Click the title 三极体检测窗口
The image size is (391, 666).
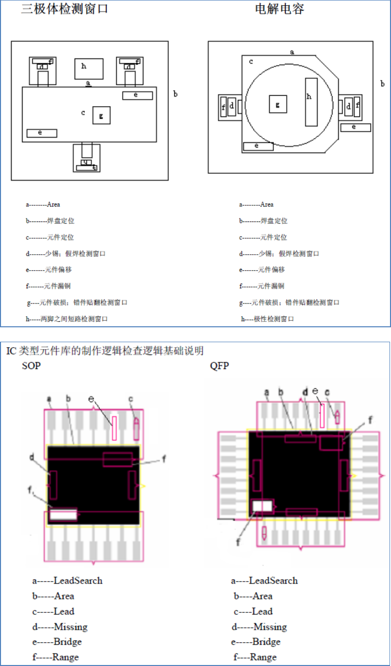pos(65,9)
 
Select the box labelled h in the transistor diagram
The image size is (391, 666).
pos(89,69)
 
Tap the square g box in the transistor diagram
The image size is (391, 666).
pos(101,115)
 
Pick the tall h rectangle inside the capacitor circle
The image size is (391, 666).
pos(311,102)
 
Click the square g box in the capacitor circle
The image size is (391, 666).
pos(278,104)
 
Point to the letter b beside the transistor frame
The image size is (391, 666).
pos(176,93)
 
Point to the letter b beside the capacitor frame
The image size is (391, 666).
pos(382,83)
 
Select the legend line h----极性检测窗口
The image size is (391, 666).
pos(267,319)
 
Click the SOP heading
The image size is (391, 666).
pos(32,367)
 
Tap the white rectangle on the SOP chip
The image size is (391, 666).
pos(64,515)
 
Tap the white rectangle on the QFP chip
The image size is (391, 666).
pos(263,506)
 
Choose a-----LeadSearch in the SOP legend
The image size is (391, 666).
pos(67,580)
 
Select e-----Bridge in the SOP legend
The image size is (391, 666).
pos(57,642)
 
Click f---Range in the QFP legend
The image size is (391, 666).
pos(255,657)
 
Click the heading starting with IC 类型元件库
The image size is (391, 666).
pos(105,351)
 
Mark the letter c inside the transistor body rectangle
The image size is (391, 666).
pos(83,113)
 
